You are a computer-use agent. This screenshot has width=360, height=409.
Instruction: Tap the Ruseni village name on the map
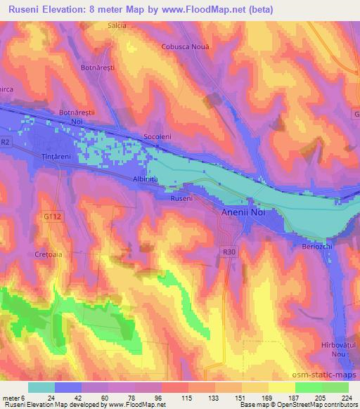pos(181,198)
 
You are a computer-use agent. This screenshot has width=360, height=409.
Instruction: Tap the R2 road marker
pos(6,143)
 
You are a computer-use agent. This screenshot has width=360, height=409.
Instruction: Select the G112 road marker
pos(49,216)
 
